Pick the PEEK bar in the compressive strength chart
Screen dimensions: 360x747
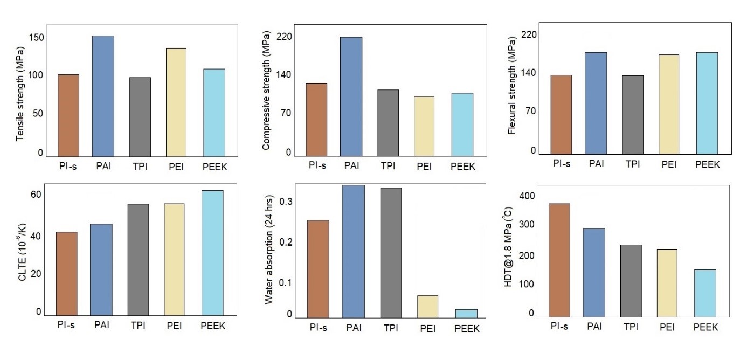462,124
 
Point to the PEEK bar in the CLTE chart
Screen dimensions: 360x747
212,253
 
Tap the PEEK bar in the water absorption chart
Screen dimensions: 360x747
466,313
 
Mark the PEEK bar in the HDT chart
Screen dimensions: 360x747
705,293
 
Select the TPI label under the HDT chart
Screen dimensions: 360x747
631,327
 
